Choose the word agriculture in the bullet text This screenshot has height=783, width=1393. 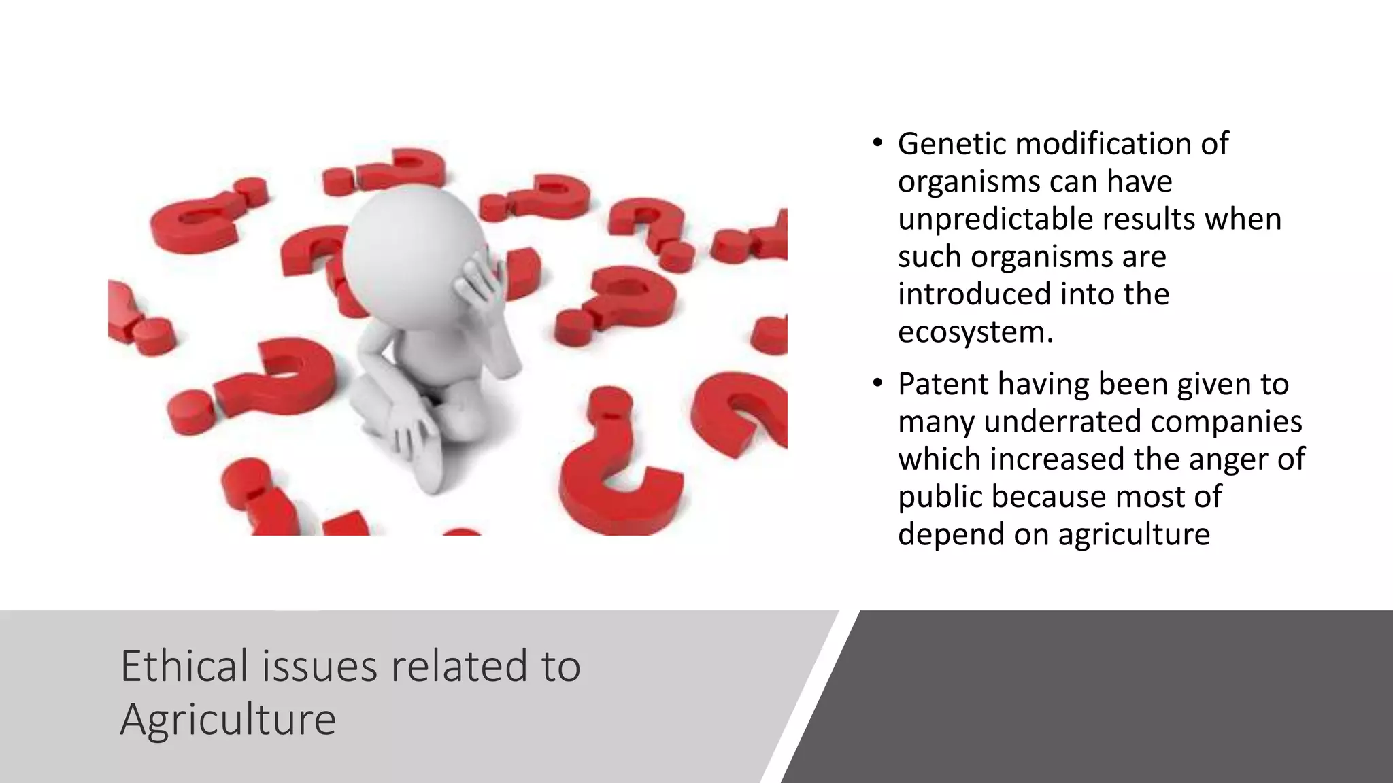[1134, 534]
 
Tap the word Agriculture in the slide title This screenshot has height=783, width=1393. [228, 719]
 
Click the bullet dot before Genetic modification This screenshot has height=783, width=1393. [878, 143]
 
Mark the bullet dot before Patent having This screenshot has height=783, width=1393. [878, 384]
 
